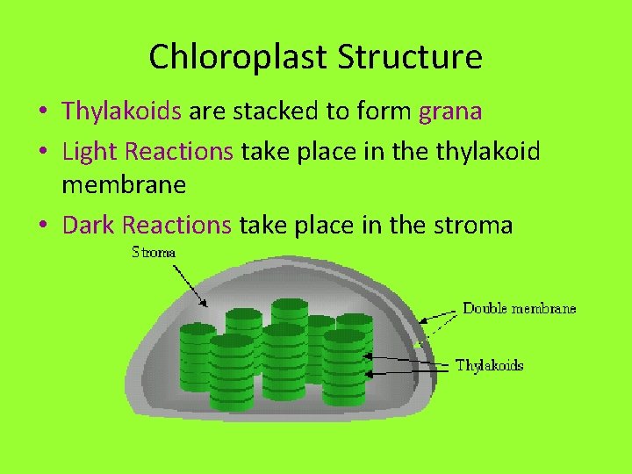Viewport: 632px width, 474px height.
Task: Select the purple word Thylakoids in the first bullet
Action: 121,111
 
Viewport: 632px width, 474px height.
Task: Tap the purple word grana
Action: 450,111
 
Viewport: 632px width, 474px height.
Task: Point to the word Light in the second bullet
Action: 90,151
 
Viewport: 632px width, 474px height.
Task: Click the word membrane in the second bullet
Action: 124,185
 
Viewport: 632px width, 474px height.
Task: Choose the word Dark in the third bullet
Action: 89,225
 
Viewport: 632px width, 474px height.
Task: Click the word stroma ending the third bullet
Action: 473,226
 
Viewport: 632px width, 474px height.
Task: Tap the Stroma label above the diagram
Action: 154,253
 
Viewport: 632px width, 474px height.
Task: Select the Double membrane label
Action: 520,308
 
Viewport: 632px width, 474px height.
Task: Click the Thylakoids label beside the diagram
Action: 489,365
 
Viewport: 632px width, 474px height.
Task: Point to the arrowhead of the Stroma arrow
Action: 205,305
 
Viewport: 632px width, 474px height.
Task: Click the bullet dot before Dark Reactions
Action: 42,226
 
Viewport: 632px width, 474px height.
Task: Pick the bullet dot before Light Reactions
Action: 42,152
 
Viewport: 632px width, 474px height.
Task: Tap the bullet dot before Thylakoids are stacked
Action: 42,112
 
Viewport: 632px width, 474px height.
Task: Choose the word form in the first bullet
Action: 391,111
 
